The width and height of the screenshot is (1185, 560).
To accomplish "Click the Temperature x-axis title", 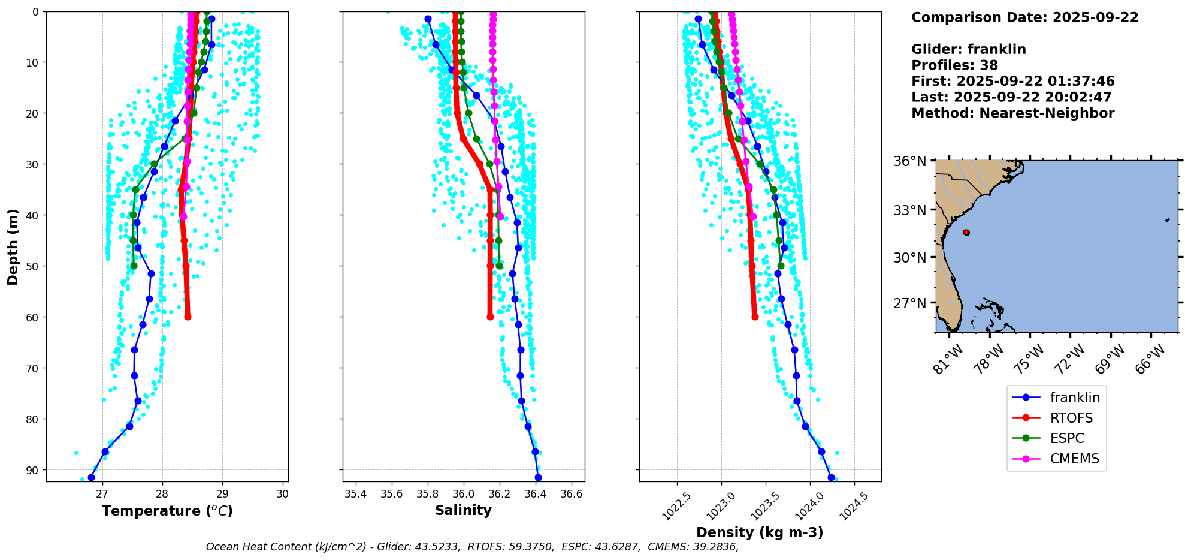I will coord(167,511).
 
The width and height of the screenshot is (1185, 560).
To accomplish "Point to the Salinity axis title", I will coord(463,511).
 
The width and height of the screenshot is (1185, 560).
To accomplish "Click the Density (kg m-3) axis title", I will coord(760,532).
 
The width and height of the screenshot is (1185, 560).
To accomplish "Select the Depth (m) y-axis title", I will coord(13,246).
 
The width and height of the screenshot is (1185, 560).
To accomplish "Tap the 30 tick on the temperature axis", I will coord(283,494).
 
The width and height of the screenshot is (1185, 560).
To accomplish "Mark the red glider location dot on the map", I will coord(966,232).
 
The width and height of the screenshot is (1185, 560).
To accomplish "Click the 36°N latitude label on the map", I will coord(909,161).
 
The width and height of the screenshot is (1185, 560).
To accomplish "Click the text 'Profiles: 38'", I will coord(954,65).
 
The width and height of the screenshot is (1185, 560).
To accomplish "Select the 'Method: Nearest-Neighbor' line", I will coord(1012,113).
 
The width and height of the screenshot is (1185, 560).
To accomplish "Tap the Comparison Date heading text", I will coord(1024,17).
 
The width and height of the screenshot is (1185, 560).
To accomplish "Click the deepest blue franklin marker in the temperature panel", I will coord(91,477).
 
